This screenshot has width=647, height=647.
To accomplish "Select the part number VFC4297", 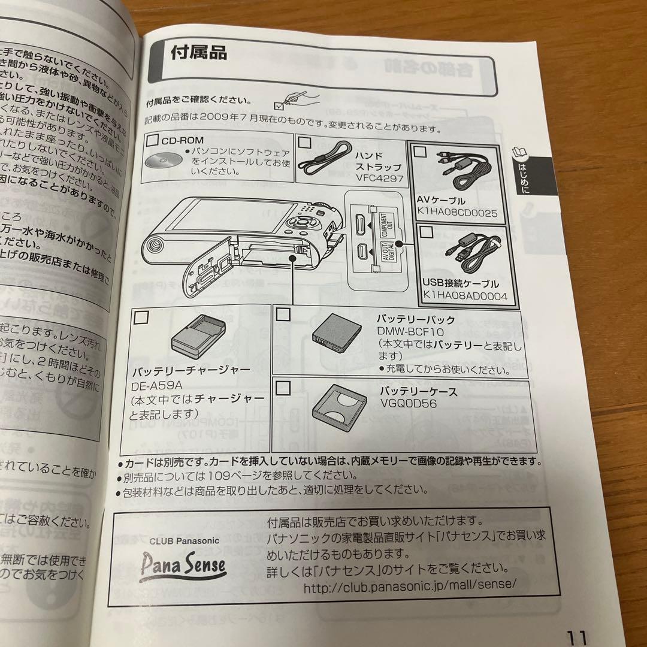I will coord(378,178).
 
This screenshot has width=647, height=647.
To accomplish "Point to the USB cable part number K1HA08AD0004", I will coord(465,295).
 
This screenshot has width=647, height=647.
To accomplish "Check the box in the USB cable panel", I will coord(426,232).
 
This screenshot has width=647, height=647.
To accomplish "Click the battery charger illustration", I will coord(199,339).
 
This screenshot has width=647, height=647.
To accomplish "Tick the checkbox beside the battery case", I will coord(283,388).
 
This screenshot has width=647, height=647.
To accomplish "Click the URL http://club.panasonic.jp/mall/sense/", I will coord(410,587).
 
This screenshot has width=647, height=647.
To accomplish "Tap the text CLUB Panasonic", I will coord(184,540).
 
